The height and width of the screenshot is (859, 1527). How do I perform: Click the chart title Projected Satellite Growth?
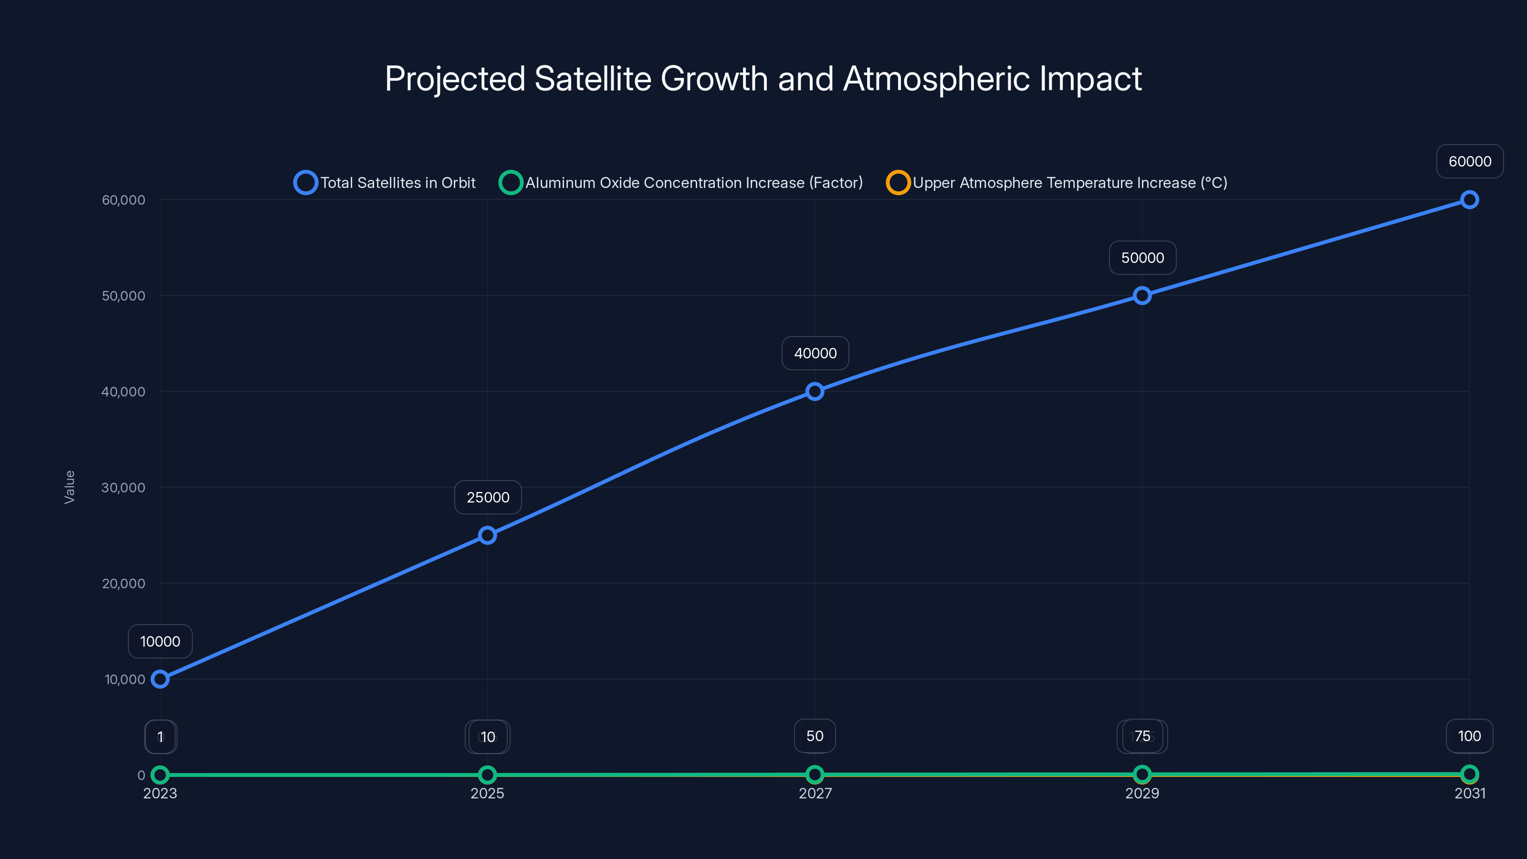coord(763,79)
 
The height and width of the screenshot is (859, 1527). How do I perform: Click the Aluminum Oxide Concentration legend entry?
coord(682,183)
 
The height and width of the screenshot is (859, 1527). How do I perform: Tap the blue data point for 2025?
coord(487,535)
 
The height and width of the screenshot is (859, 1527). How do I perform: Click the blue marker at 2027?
coord(815,391)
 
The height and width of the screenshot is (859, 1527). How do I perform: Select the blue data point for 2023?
coord(160,679)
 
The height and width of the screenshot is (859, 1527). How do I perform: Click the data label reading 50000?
coord(1142,258)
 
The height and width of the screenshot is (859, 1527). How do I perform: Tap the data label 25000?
coord(488,497)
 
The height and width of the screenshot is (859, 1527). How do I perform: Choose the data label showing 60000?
coord(1470,161)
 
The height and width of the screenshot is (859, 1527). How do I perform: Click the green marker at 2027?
coord(815,774)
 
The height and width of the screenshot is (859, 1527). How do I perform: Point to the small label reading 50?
coord(815,736)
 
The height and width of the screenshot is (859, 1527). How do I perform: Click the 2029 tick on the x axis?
coord(1142,793)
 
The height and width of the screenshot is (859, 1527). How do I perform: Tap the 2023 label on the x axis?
coord(160,793)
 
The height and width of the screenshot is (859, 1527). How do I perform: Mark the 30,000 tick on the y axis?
coord(123,487)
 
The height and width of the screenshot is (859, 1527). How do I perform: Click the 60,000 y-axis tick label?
coord(123,200)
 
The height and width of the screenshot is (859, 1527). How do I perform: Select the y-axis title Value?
coord(69,487)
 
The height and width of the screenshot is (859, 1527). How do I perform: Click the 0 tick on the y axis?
coord(141,775)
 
